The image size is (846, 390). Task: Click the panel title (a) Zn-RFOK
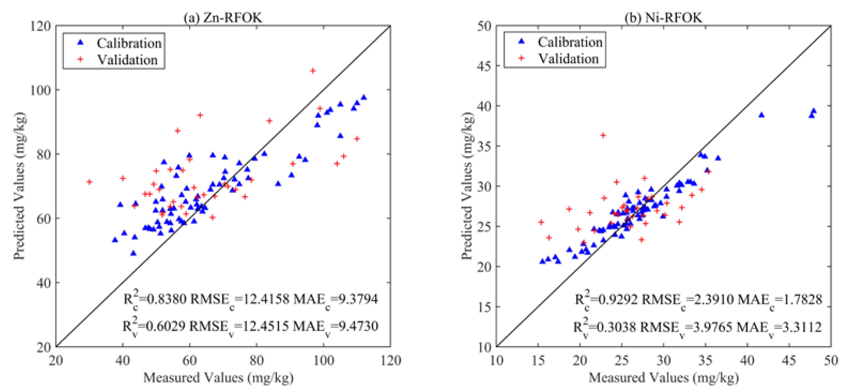223,17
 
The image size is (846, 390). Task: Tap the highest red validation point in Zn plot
313,71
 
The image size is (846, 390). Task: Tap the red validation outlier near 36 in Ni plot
603,135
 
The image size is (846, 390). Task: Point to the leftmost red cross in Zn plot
89,182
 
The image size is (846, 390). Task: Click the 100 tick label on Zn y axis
40,90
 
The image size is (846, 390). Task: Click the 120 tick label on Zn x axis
390,361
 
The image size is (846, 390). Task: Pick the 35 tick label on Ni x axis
705,361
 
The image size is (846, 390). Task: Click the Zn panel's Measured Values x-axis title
218,377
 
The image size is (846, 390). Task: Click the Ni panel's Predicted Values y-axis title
467,186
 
